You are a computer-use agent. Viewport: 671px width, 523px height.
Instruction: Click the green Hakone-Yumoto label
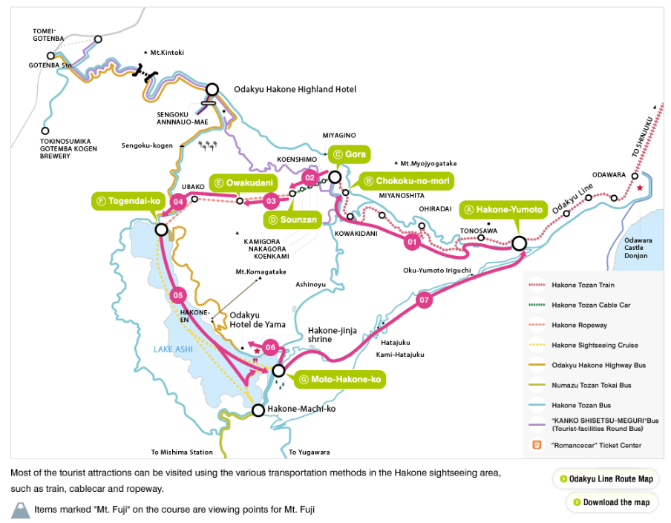(503, 210)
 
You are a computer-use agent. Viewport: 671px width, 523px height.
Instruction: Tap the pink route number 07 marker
(424, 300)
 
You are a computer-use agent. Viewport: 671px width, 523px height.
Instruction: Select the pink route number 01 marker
(413, 240)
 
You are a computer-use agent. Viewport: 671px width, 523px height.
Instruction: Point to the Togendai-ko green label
(128, 201)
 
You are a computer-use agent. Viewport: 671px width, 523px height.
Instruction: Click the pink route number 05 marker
(178, 295)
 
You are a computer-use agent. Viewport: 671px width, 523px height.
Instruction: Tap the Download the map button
(612, 502)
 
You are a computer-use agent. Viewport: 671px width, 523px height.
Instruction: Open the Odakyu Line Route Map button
(606, 478)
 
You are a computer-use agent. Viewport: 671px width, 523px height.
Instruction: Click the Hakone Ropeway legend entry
(579, 325)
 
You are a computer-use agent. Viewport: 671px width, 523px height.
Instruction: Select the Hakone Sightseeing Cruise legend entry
(594, 345)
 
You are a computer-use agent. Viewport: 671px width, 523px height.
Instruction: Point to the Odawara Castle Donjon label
(636, 248)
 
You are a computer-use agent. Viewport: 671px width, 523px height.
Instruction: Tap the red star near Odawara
(640, 188)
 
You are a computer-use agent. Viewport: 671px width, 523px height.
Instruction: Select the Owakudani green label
(243, 182)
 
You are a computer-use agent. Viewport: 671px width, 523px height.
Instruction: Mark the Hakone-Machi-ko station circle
(258, 409)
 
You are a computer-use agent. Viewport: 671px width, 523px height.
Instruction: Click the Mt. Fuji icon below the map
(21, 510)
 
